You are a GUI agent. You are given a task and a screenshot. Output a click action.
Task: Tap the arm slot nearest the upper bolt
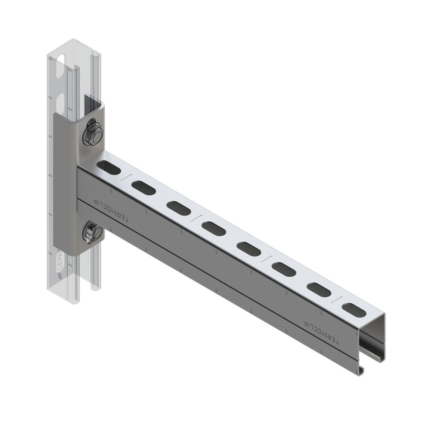tap(108, 166)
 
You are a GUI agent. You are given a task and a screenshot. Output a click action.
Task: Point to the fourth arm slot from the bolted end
tap(213, 227)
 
